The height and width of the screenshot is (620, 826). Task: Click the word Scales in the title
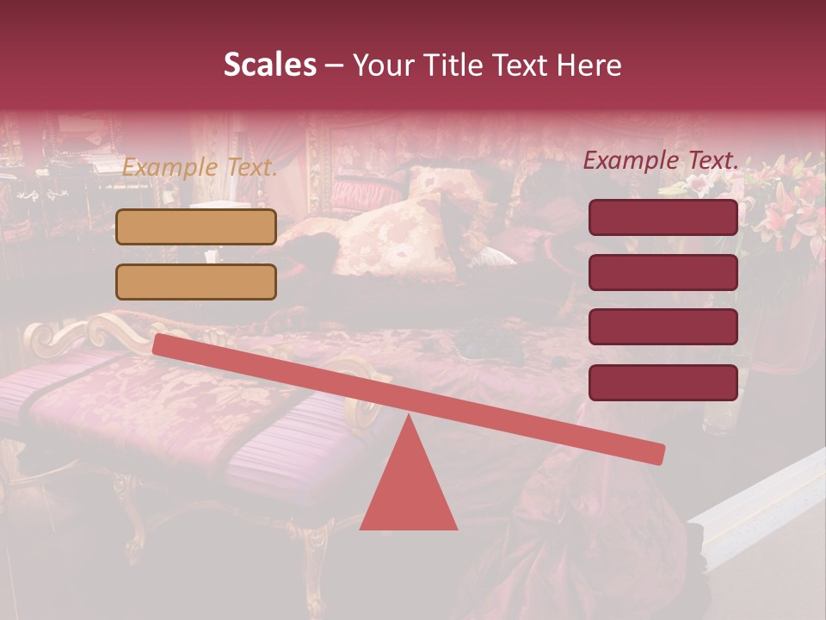click(x=269, y=65)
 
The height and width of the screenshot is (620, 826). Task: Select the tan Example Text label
click(x=200, y=168)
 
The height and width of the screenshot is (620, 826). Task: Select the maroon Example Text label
click(x=661, y=160)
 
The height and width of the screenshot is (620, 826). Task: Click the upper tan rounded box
click(x=196, y=226)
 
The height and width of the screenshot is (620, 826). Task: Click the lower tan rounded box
click(x=196, y=282)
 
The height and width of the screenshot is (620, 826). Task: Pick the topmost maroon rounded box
click(x=663, y=217)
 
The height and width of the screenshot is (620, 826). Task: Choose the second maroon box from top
click(x=663, y=272)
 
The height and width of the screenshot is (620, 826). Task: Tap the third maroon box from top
click(x=663, y=326)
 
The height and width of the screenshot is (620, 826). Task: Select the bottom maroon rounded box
click(x=663, y=382)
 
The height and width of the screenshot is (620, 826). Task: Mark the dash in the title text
click(x=335, y=65)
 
